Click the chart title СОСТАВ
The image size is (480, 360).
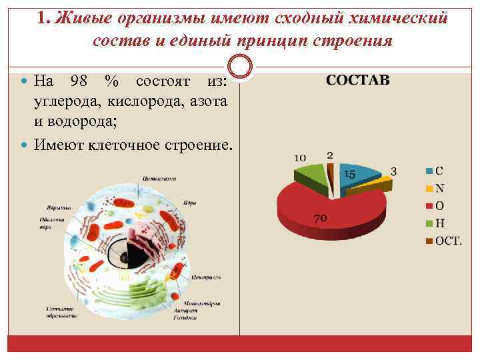point(358,80)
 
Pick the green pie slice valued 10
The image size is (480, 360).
point(312,175)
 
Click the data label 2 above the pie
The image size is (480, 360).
point(330,155)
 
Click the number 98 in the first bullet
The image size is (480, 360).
point(78,81)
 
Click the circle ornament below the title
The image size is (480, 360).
point(240,67)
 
